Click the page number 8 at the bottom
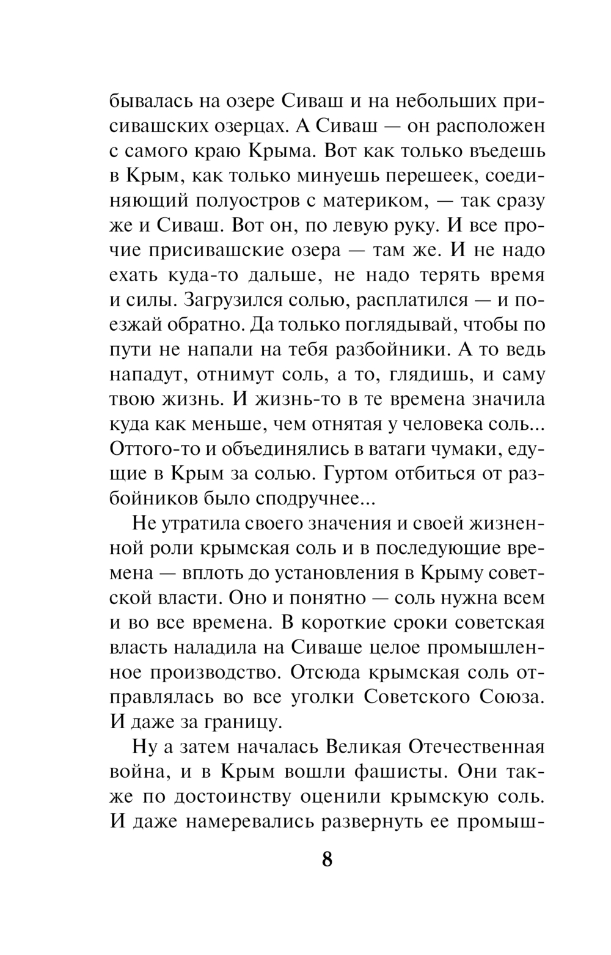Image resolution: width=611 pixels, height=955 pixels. click(x=327, y=860)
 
